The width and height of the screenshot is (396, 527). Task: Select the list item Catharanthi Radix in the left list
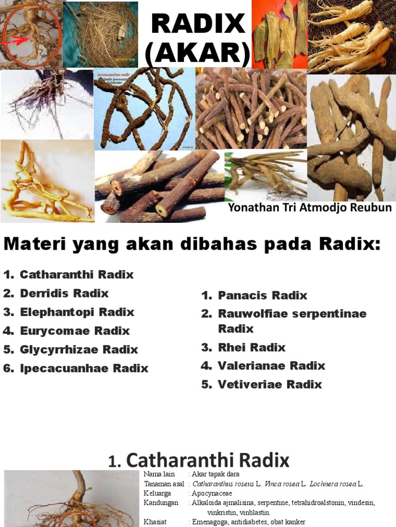tap(76, 274)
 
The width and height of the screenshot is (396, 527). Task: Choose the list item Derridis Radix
tap(64, 293)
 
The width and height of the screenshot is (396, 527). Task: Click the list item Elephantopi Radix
tap(77, 312)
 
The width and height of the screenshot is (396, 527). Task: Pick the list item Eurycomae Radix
tap(74, 330)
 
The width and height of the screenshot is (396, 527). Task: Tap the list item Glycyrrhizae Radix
tap(79, 349)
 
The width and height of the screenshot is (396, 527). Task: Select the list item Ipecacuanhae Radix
tap(84, 368)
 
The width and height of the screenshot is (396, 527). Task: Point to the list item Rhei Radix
tap(252, 347)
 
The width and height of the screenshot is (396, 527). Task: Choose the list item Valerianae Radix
tap(271, 366)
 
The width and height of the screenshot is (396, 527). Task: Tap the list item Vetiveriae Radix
tap(270, 384)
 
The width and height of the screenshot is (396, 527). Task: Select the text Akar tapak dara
tap(216, 475)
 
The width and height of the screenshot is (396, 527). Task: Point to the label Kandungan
tap(161, 503)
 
